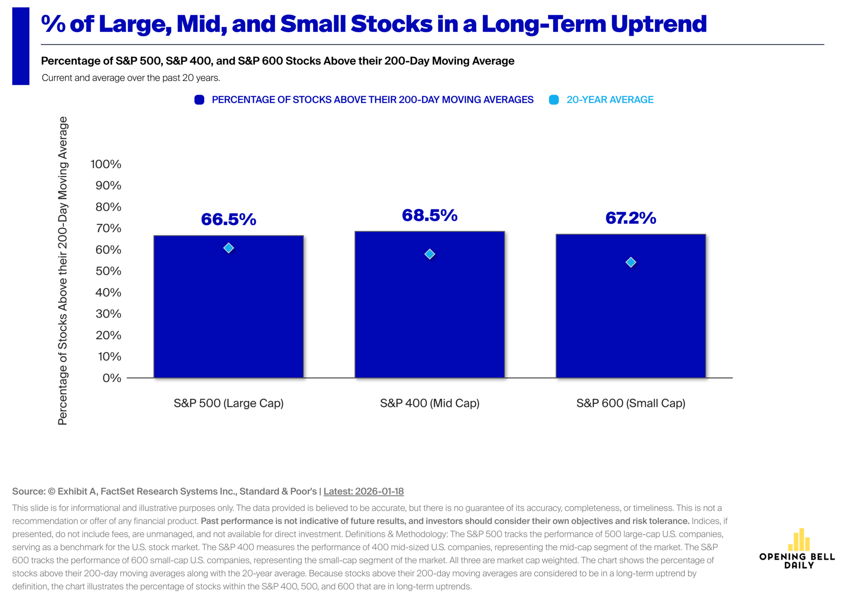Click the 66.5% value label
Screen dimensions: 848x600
[x=228, y=220]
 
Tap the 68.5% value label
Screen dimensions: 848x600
[x=430, y=216]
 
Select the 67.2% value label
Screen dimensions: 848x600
[x=631, y=218]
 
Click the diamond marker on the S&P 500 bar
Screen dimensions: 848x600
[x=228, y=248]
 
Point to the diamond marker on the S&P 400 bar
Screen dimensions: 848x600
[x=430, y=254]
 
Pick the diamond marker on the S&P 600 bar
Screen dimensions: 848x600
[x=631, y=262]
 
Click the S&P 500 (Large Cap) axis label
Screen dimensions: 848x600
[x=228, y=403]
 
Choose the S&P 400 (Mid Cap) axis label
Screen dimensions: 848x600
[x=430, y=403]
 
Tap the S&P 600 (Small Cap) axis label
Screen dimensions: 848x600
[x=631, y=403]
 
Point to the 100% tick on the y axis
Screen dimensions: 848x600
[x=106, y=164]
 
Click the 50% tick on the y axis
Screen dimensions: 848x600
[x=108, y=271]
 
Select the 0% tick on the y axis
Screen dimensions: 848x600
[x=112, y=378]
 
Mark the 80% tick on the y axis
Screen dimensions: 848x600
[x=108, y=207]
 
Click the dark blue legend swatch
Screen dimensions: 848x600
[x=199, y=100]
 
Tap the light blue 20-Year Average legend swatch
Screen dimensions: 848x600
[x=554, y=100]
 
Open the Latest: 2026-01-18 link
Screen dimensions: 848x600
[x=363, y=491]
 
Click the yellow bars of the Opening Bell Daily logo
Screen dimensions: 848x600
[x=799, y=539]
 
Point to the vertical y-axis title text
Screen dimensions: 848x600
[x=63, y=271]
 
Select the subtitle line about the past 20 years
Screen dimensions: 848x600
[x=131, y=78]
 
